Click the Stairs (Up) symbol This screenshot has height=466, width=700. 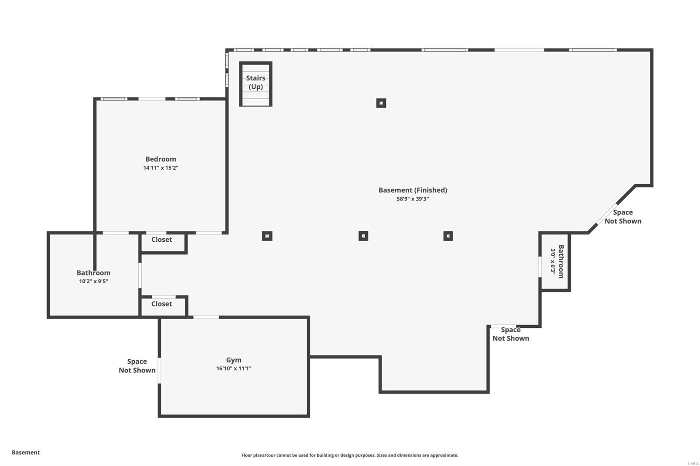(x=256, y=83)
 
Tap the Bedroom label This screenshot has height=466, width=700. (x=161, y=159)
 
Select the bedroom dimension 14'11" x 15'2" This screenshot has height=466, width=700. (x=161, y=168)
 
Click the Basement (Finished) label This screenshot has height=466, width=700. (x=413, y=190)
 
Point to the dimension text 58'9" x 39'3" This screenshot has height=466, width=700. (x=413, y=199)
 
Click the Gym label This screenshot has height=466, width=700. (x=234, y=360)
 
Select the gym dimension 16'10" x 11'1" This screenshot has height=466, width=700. (x=234, y=369)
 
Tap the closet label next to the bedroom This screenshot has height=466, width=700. (x=161, y=240)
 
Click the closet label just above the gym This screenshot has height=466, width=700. (x=161, y=304)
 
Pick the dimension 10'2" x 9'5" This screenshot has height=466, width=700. (x=93, y=282)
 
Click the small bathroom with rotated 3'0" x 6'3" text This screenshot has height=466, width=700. (x=556, y=261)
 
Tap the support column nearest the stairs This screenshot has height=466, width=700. (x=381, y=103)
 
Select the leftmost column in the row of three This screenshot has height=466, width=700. (x=267, y=236)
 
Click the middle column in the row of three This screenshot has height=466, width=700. (x=363, y=236)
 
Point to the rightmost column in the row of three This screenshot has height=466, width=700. (x=448, y=236)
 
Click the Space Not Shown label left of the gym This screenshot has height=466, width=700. (x=137, y=366)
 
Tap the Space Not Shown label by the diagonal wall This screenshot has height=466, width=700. (x=623, y=217)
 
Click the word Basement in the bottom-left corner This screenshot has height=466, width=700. (x=26, y=452)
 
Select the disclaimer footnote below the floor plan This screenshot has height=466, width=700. (x=350, y=456)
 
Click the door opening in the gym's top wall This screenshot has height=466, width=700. (x=206, y=317)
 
